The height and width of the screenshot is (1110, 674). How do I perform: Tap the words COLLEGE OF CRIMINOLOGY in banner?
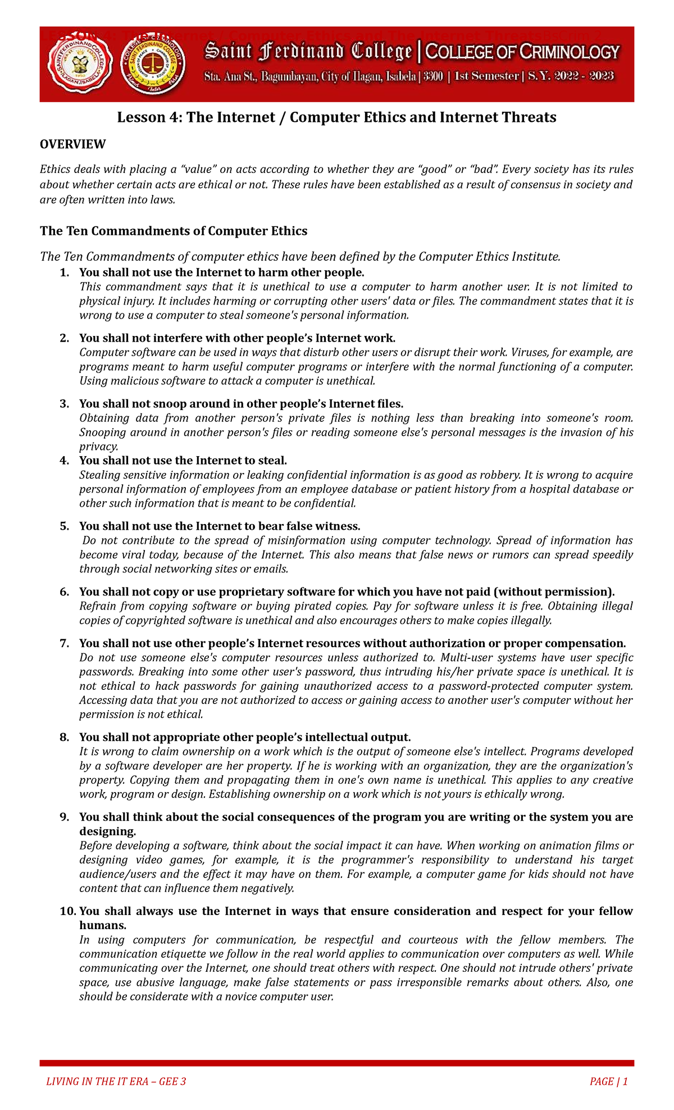pyautogui.click(x=522, y=52)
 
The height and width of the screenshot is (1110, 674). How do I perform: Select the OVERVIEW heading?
pyautogui.click(x=72, y=144)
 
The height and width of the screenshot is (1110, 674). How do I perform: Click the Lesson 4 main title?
pyautogui.click(x=336, y=117)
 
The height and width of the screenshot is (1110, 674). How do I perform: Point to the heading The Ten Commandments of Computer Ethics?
pyautogui.click(x=174, y=231)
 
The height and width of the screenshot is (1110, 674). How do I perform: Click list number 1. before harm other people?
pyautogui.click(x=65, y=272)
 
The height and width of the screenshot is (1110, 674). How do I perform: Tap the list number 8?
pyautogui.click(x=65, y=737)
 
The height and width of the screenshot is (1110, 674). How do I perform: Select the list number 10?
pyautogui.click(x=67, y=911)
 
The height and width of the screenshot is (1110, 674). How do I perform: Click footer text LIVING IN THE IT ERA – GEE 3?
pyautogui.click(x=116, y=1081)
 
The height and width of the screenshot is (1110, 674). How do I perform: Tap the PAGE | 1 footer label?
pyautogui.click(x=608, y=1081)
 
